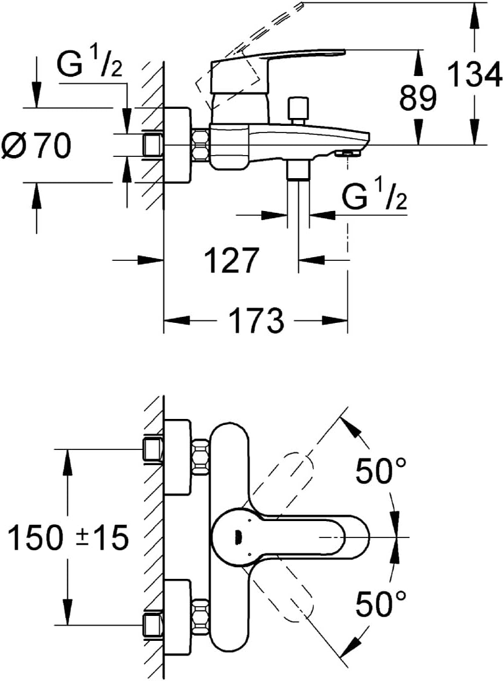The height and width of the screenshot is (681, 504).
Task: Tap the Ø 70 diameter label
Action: pos(36,145)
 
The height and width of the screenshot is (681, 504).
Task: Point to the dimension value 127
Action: pos(231,260)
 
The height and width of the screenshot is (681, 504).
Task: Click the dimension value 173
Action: pos(256,320)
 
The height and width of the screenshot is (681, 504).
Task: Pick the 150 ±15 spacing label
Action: pos(69,537)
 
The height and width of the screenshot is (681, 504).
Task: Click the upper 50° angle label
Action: pos(381,471)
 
